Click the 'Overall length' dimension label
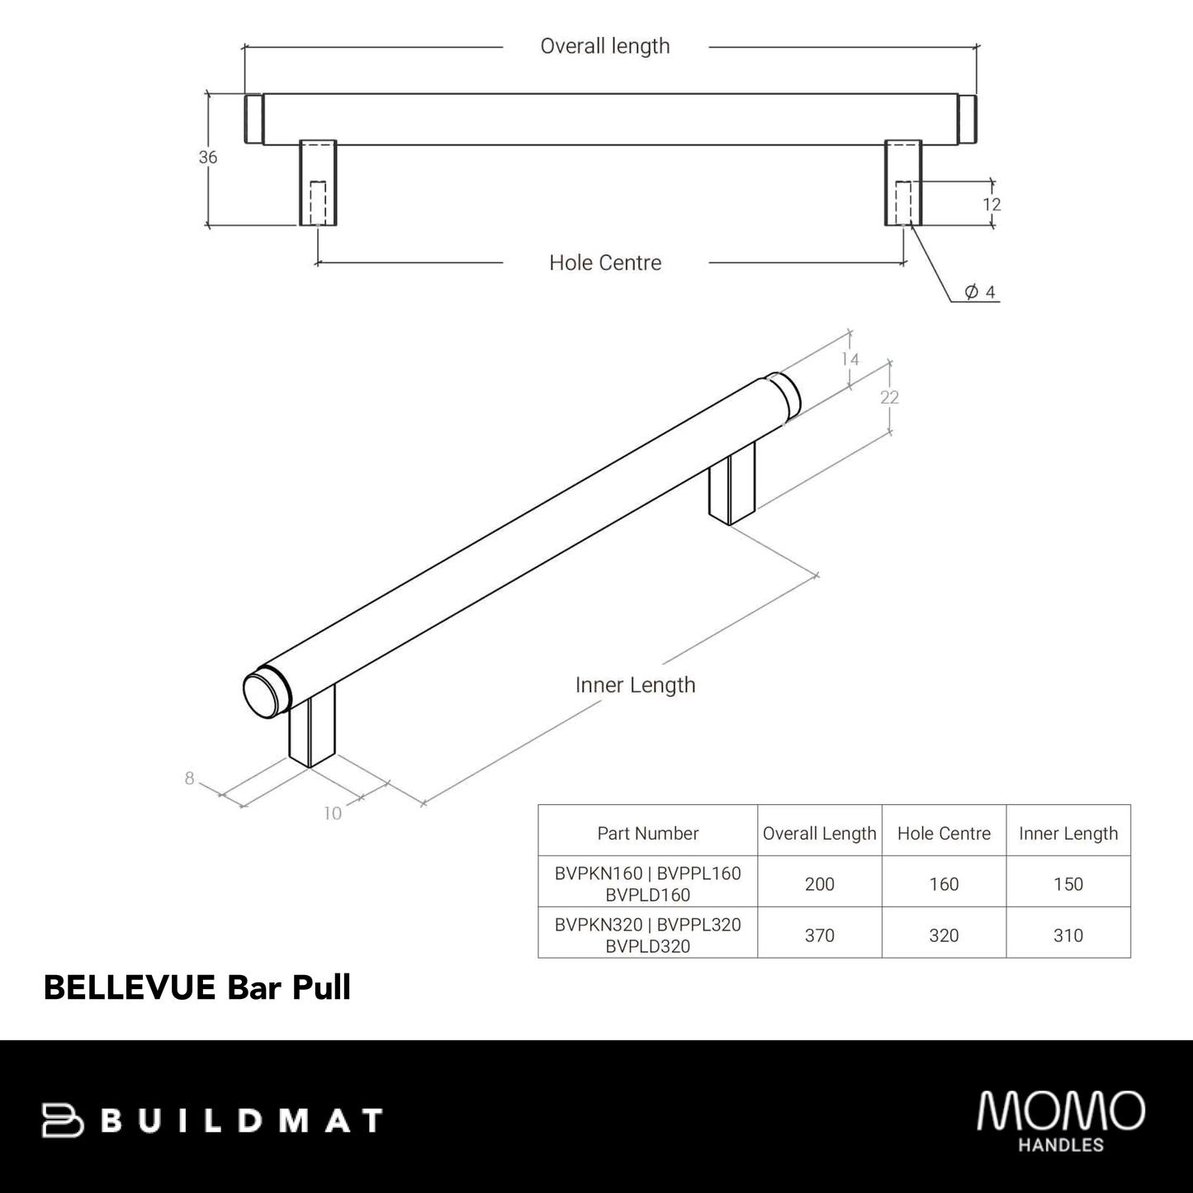(604, 46)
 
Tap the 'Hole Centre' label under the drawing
(605, 263)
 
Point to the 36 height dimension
(208, 157)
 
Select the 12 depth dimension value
(992, 204)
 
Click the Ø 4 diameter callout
(980, 292)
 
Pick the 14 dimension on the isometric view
(850, 359)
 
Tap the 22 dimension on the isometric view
(889, 397)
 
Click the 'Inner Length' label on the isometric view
(635, 685)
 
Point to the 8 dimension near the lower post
(190, 779)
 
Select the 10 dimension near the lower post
(332, 814)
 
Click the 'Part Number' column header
(648, 834)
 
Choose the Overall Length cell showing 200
(820, 884)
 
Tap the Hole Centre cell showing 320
(944, 935)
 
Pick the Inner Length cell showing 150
(1068, 884)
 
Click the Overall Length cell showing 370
(820, 935)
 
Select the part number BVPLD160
(648, 895)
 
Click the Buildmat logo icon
(64, 1120)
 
